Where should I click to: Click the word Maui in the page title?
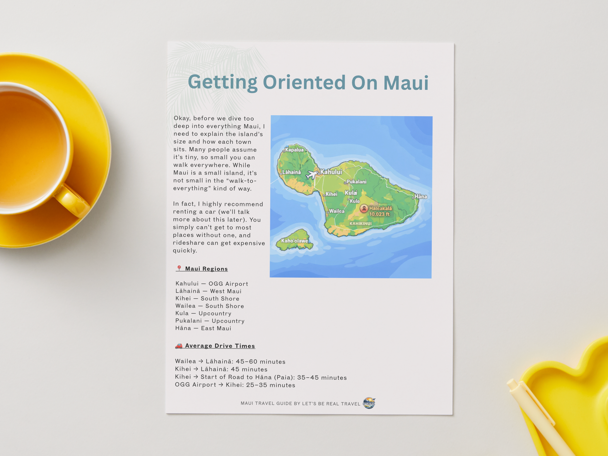[x=406, y=83]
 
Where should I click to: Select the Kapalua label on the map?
[x=294, y=150]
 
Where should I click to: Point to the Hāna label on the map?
[x=421, y=196]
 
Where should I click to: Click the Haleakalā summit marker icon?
[x=364, y=208]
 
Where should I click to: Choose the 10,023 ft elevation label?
[x=379, y=214]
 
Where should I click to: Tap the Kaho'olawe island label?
[x=295, y=241]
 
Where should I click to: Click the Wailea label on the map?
[x=337, y=211]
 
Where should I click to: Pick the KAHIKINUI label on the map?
[x=361, y=224]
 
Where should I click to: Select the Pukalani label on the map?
[x=356, y=182]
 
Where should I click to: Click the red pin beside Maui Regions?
[x=179, y=268]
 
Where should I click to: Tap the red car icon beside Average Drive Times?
[x=179, y=346]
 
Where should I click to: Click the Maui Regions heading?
[x=206, y=269]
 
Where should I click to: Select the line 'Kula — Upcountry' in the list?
[x=203, y=313]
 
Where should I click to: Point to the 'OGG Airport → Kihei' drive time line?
[x=235, y=385]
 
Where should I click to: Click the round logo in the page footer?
[x=369, y=403]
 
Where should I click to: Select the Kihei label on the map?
[x=331, y=194]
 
